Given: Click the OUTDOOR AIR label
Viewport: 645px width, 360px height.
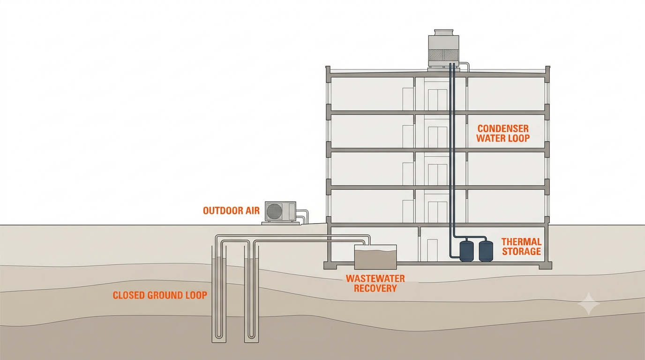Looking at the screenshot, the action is [x=231, y=210].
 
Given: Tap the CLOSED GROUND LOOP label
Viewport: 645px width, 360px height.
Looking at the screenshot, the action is [x=160, y=295].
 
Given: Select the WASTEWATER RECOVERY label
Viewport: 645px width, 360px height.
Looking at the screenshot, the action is [x=375, y=284].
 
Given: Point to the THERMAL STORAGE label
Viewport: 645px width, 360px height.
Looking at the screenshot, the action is [x=521, y=247].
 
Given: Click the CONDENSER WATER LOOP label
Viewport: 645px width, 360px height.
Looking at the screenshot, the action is [x=503, y=133].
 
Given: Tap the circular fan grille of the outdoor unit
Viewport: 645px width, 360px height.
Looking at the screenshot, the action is [x=274, y=211].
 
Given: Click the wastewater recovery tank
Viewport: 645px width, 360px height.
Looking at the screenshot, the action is [x=375, y=257].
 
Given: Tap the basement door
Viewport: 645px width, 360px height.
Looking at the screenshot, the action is [x=432, y=250].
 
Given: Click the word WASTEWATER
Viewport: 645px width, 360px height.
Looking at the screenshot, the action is [x=375, y=278].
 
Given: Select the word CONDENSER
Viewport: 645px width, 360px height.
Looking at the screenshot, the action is [x=503, y=128].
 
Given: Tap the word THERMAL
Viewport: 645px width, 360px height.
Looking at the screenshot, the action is [x=521, y=242].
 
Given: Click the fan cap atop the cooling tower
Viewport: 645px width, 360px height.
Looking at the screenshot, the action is [x=443, y=32].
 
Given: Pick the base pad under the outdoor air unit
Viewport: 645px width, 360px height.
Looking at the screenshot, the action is [x=281, y=223].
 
